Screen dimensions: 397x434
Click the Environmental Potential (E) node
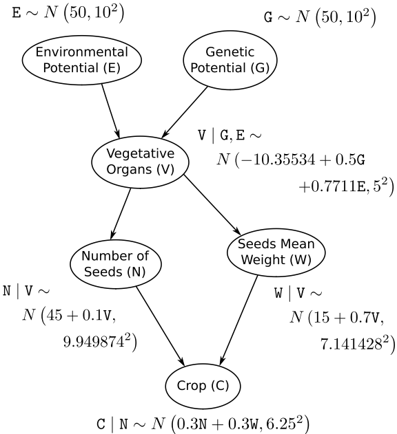[x=82, y=60]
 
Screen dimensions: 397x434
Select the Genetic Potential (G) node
[x=230, y=60]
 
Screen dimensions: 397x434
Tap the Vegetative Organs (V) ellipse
[x=141, y=162]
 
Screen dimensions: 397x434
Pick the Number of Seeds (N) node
[x=115, y=264]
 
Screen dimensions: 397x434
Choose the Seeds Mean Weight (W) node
[x=276, y=252]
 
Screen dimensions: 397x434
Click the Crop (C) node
[x=203, y=386]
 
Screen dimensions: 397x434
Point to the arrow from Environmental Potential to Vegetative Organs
[x=110, y=111]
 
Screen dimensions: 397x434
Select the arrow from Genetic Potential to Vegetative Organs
[x=185, y=112]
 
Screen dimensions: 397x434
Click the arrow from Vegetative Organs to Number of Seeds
[x=121, y=214]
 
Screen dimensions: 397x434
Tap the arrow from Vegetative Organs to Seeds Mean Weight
[x=212, y=205]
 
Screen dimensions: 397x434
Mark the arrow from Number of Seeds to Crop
[x=160, y=326]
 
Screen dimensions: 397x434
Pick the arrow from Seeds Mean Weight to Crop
[x=238, y=321]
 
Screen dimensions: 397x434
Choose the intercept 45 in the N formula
[x=54, y=315]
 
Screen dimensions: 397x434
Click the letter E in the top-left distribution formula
[x=17, y=13]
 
